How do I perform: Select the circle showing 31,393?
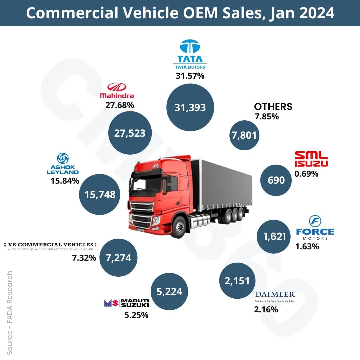pyautogui.click(x=190, y=107)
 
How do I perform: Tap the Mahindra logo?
pyautogui.click(x=117, y=91)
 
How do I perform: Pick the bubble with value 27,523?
pyautogui.click(x=130, y=133)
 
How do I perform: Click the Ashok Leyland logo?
pyautogui.click(x=63, y=164)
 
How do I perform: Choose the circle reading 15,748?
pyautogui.click(x=100, y=194)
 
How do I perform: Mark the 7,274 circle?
pyautogui.click(x=118, y=258)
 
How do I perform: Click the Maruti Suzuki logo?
pyautogui.click(x=126, y=303)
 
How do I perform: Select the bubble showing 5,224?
pyautogui.click(x=169, y=291)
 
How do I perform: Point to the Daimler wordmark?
pyautogui.click(x=275, y=295)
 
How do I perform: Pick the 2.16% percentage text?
pyautogui.click(x=266, y=309)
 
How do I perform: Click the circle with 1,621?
pyautogui.click(x=275, y=236)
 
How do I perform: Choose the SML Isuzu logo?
pyautogui.click(x=311, y=159)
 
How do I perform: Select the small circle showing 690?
pyautogui.click(x=276, y=180)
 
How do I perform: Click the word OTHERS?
pyautogui.click(x=273, y=107)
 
